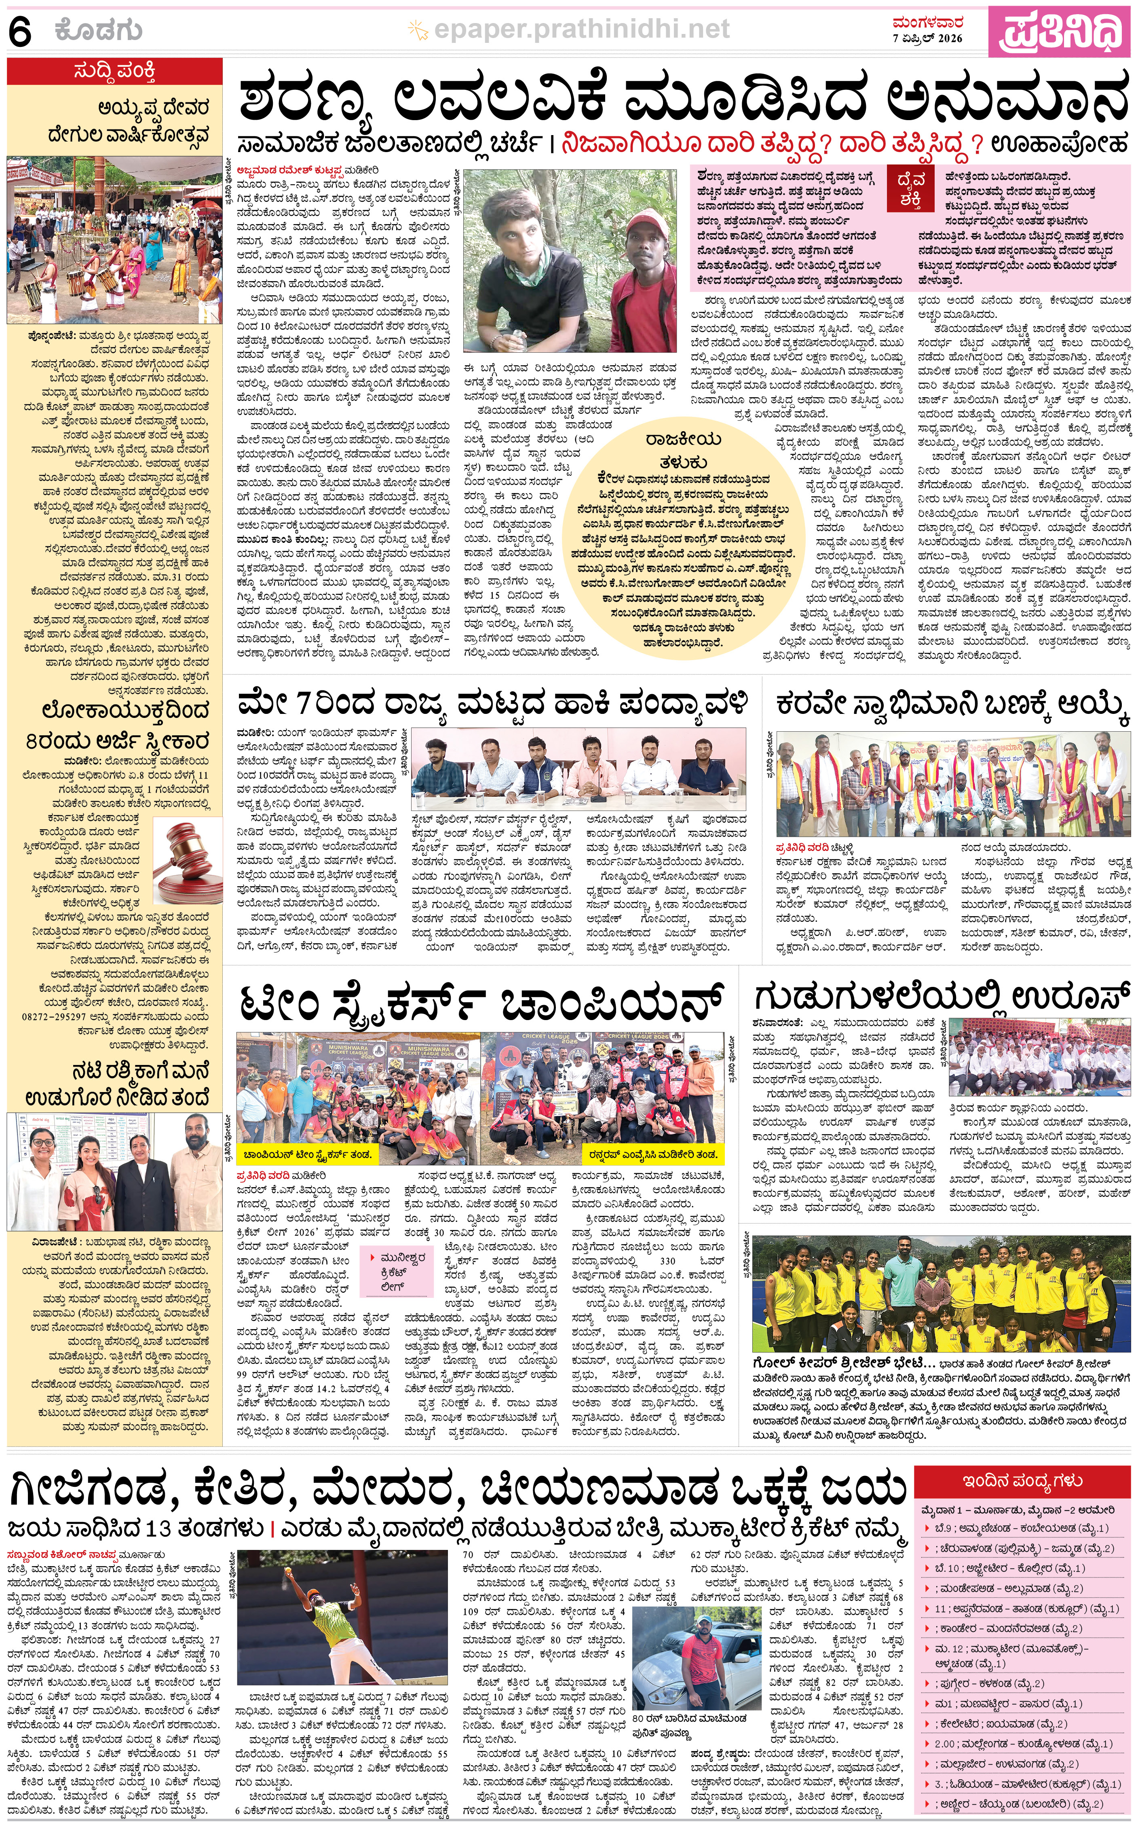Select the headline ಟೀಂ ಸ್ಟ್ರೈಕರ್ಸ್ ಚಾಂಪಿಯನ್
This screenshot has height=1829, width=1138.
click(482, 1004)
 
